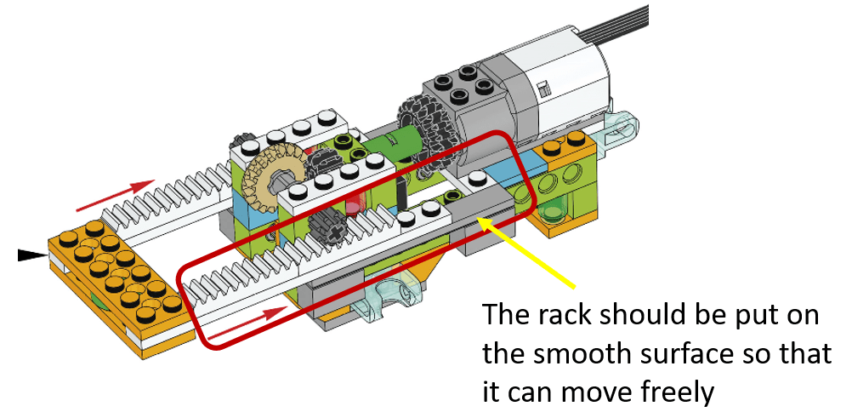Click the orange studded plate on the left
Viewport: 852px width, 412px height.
coord(115,273)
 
